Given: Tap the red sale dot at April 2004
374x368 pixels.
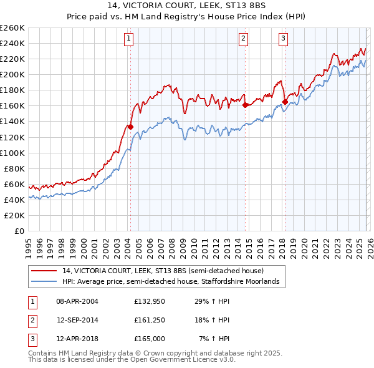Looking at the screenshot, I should click(130, 127).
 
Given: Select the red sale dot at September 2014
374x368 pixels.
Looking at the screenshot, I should click(245, 105).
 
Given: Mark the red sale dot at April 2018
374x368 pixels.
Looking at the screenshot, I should click(285, 102).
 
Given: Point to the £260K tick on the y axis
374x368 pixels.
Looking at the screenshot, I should click(13, 28).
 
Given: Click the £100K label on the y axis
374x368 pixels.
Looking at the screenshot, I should click(13, 153).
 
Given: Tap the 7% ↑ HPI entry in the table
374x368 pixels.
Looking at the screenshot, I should click(214, 339).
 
